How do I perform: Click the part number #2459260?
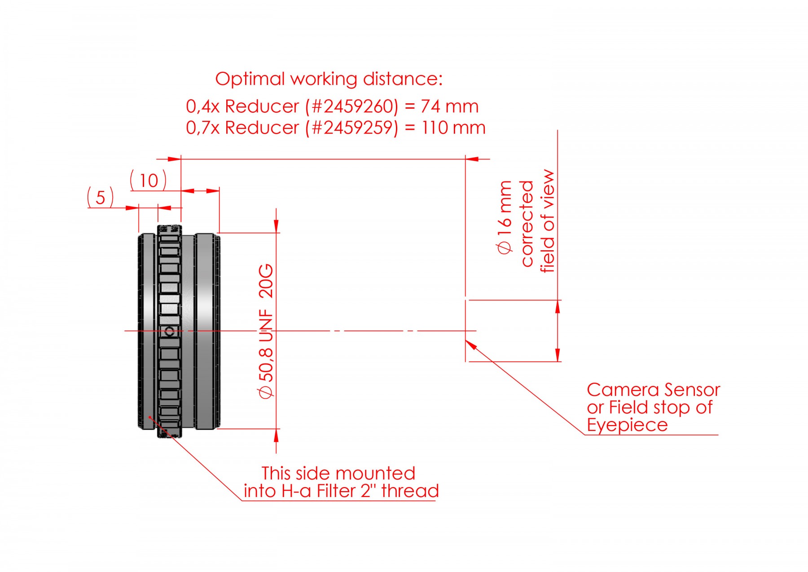tap(351, 106)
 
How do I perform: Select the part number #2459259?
tap(351, 128)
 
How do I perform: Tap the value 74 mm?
tap(449, 106)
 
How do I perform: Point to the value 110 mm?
tap(453, 128)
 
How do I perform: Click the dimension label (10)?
tap(148, 180)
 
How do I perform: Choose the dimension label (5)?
tap(100, 197)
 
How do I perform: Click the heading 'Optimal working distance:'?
tap(329, 79)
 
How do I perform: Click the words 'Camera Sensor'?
tap(653, 390)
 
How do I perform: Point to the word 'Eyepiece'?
tap(627, 425)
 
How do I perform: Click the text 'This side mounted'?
tap(338, 473)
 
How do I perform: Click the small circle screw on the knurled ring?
tap(170, 332)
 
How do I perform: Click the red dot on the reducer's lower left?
tap(150, 417)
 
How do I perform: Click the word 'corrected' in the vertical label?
tap(527, 223)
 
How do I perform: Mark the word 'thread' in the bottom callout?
tap(410, 491)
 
